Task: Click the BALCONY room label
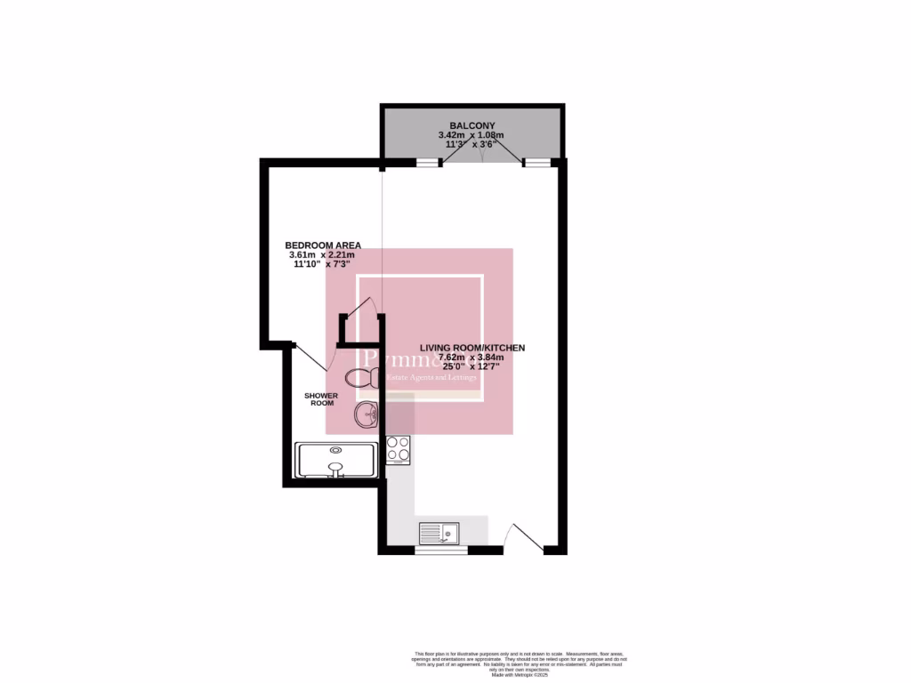pos(472,125)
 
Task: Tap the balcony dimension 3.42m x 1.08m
pos(471,135)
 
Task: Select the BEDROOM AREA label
pos(322,245)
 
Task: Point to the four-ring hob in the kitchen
pos(398,450)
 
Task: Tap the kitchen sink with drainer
pos(439,532)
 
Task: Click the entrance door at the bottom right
pos(519,538)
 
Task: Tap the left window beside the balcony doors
pos(429,163)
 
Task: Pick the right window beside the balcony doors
pos(536,163)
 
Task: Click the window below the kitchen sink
pos(441,550)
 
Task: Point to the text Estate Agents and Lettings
pos(431,378)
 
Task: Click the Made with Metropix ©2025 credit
pos(519,675)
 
